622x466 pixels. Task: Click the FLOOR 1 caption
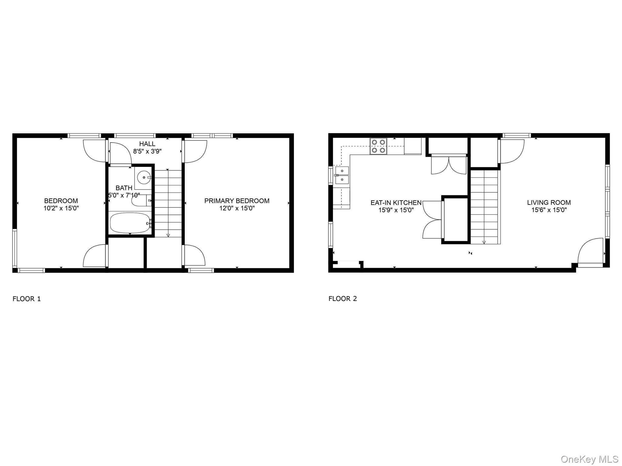(x=26, y=299)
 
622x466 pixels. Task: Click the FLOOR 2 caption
(x=343, y=299)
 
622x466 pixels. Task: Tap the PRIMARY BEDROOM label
(x=237, y=201)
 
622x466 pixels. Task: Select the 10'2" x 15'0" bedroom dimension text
(x=61, y=208)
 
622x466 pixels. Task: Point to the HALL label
(x=147, y=144)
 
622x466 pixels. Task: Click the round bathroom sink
(x=143, y=177)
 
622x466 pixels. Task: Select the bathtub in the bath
(x=130, y=223)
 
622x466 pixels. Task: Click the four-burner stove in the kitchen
(x=378, y=146)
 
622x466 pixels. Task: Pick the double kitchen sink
(x=342, y=175)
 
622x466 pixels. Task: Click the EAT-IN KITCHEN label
(x=396, y=203)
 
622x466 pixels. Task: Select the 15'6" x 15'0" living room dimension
(x=549, y=210)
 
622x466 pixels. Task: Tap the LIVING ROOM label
(x=549, y=203)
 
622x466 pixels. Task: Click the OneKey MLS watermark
(x=589, y=459)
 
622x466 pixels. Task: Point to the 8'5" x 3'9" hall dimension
(x=147, y=151)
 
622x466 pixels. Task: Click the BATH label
(x=124, y=188)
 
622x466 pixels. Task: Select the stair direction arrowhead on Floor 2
(x=484, y=242)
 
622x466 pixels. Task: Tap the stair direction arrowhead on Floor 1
(x=168, y=235)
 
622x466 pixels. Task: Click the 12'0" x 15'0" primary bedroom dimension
(x=237, y=208)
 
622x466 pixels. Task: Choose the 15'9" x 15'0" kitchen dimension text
(x=396, y=210)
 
